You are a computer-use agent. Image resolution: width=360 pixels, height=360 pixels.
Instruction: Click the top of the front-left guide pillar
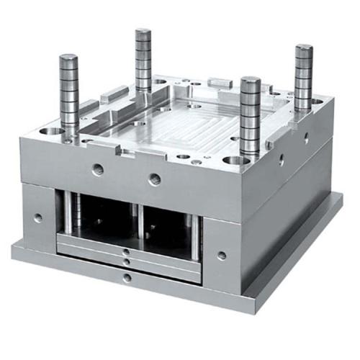68,58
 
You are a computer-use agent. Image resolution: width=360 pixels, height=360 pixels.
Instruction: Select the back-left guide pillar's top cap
143,32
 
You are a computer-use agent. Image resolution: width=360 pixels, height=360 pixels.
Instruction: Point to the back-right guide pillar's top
304,49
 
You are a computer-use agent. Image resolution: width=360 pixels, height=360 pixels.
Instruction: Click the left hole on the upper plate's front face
97,170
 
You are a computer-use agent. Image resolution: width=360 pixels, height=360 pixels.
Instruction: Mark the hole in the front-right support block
222,255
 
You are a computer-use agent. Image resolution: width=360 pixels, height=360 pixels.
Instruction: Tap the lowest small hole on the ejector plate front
126,277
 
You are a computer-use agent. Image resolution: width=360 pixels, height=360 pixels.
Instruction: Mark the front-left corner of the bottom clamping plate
14,252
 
